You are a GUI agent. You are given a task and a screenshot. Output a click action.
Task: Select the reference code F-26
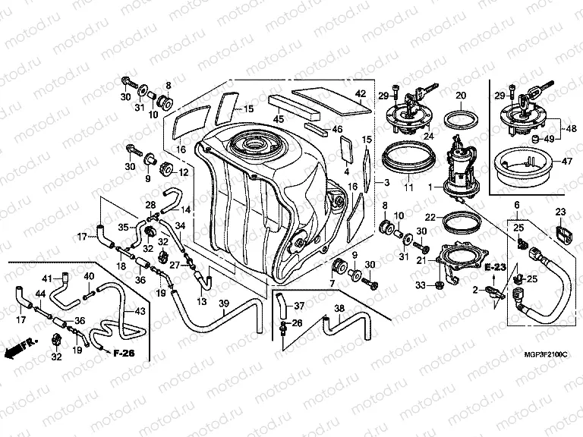(124, 353)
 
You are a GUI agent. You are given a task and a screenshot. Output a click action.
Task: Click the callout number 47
(567, 162)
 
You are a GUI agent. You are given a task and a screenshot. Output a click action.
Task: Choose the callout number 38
(338, 309)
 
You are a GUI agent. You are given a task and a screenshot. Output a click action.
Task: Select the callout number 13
(201, 302)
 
